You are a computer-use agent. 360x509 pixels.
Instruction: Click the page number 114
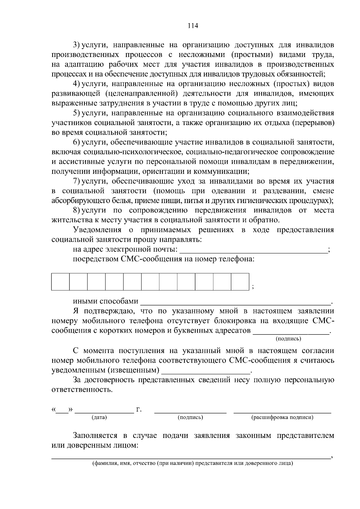pyautogui.click(x=193, y=26)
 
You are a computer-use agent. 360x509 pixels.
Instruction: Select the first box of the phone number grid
pyautogui.click(x=61, y=282)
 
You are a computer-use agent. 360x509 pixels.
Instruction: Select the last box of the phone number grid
pyautogui.click(x=240, y=282)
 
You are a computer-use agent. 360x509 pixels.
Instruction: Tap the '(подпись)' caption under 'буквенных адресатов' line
pyautogui.click(x=288, y=339)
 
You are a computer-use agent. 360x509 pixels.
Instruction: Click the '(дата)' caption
pyautogui.click(x=99, y=417)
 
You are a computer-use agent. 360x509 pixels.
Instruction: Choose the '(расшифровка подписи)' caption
pyautogui.click(x=282, y=417)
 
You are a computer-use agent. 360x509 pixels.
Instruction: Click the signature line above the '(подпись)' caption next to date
pyautogui.click(x=190, y=412)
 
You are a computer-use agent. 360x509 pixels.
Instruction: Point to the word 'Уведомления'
pyautogui.click(x=97, y=230)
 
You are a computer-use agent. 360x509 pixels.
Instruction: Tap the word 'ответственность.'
pyautogui.click(x=82, y=390)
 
